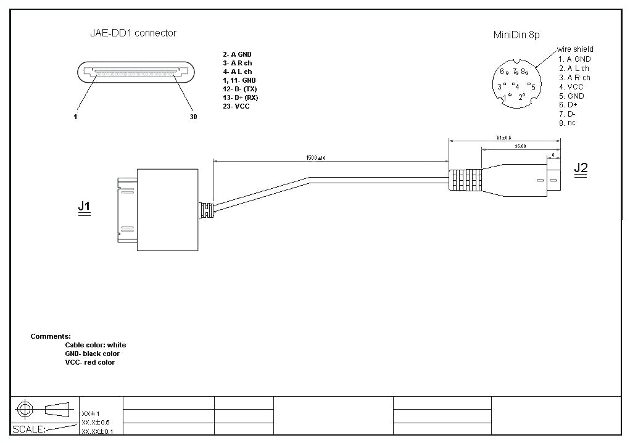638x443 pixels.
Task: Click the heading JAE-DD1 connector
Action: point(133,33)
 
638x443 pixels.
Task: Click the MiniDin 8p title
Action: point(516,35)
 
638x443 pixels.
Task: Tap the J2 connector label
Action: point(581,167)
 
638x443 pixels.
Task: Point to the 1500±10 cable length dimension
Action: point(316,158)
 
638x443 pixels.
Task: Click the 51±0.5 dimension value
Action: point(504,138)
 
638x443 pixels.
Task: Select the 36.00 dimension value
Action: point(520,146)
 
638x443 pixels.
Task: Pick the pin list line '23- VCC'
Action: point(236,106)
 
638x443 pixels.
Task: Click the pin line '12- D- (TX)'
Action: point(239,89)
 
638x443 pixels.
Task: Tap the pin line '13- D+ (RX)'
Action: point(240,97)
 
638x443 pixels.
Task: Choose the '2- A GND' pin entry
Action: point(237,54)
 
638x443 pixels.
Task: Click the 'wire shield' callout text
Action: point(575,49)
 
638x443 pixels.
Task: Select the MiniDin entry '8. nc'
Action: point(567,123)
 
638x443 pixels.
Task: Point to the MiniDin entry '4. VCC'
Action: point(571,86)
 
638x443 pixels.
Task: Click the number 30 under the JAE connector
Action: point(193,117)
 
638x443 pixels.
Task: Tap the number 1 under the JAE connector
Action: point(75,117)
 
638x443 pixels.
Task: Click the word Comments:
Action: point(51,336)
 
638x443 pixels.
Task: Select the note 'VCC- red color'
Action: point(89,362)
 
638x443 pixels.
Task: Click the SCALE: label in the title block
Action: point(29,429)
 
